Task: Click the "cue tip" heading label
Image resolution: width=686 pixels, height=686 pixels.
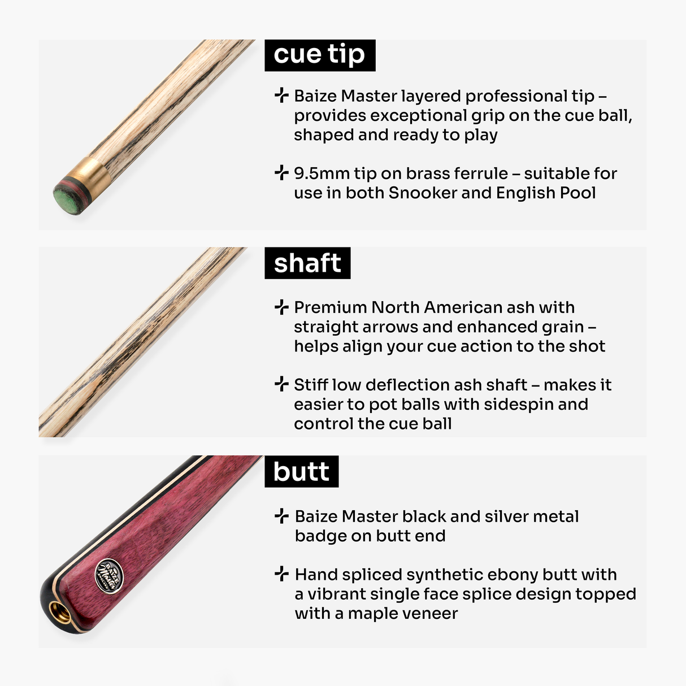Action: (x=319, y=55)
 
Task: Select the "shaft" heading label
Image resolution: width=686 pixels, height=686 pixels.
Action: (x=307, y=263)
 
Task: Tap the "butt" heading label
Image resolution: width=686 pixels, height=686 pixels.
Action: (x=301, y=472)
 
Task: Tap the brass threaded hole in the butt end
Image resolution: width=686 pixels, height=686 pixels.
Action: (x=57, y=610)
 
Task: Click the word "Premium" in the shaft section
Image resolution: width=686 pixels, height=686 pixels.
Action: (x=331, y=307)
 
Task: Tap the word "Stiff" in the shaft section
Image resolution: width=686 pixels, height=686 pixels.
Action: (x=311, y=385)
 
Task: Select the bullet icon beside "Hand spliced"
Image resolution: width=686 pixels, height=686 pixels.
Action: (x=281, y=574)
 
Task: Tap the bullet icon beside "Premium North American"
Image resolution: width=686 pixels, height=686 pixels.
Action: (x=281, y=307)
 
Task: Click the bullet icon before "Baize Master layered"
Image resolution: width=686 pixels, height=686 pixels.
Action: (x=281, y=95)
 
